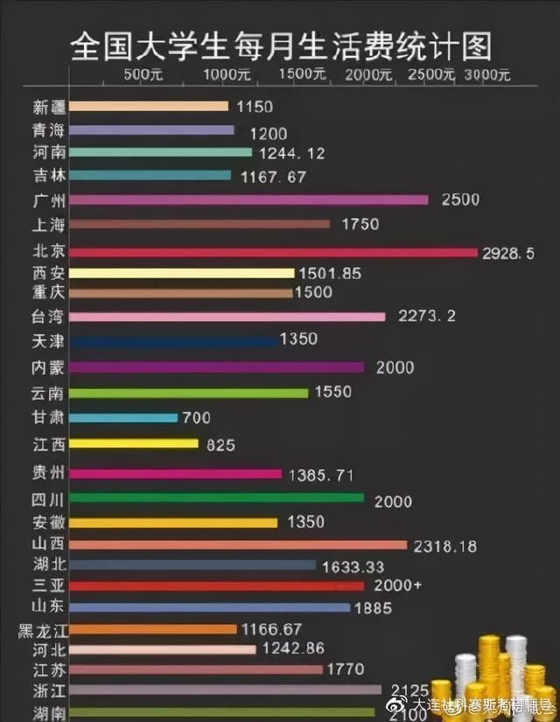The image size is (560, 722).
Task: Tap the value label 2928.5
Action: tap(508, 253)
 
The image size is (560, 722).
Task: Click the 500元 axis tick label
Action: tap(144, 74)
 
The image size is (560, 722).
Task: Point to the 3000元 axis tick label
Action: tap(487, 74)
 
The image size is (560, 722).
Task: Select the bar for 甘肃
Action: tap(123, 418)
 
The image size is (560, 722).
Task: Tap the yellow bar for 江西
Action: tap(134, 444)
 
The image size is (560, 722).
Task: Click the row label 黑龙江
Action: tap(41, 629)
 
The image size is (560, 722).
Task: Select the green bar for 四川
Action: tap(216, 498)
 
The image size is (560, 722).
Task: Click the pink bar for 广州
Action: tap(248, 200)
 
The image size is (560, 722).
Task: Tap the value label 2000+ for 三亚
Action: tap(398, 585)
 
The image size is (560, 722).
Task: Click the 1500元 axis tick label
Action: tap(304, 74)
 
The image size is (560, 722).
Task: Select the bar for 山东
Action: tap(209, 607)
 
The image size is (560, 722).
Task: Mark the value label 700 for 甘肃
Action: tap(196, 418)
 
